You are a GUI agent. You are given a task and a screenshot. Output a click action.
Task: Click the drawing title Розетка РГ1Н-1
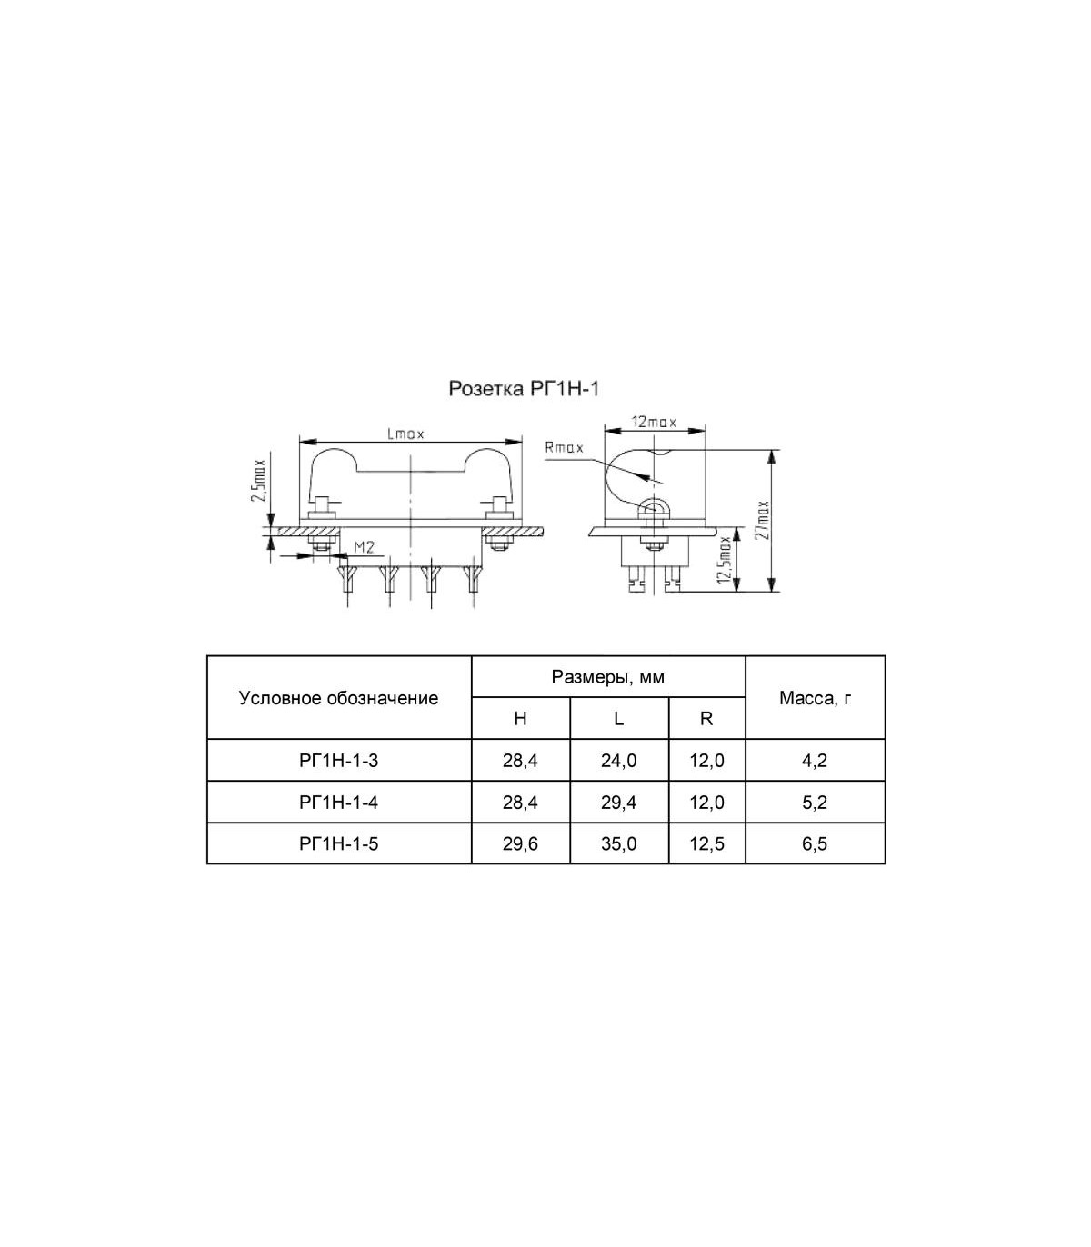point(524,388)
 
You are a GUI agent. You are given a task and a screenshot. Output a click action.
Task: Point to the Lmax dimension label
point(405,434)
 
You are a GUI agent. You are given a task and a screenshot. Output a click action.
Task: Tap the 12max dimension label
point(654,422)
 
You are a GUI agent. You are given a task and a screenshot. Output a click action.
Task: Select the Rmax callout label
point(564,448)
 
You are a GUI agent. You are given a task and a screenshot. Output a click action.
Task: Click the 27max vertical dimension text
point(763,520)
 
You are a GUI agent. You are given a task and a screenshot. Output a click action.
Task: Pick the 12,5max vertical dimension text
point(724,560)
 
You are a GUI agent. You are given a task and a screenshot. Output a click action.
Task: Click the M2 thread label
point(364,547)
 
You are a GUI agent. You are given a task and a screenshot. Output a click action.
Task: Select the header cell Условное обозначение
point(339,698)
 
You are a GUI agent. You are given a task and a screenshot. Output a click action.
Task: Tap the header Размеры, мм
point(607,676)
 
